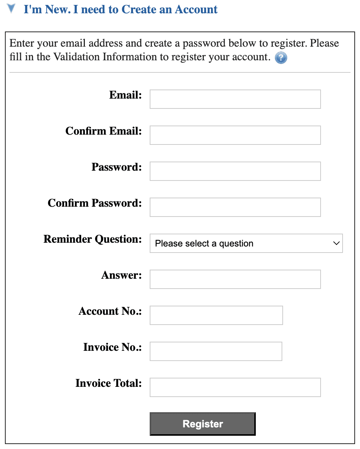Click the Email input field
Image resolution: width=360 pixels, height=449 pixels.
(x=235, y=99)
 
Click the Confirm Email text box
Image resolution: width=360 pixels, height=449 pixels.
(x=235, y=135)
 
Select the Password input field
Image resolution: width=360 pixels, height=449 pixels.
(x=235, y=171)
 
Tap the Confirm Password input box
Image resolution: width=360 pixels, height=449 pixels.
(x=235, y=207)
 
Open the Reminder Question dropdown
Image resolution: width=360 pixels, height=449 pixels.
(x=246, y=243)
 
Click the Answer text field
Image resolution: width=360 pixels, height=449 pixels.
(x=235, y=279)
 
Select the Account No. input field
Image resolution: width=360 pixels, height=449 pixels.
(x=216, y=315)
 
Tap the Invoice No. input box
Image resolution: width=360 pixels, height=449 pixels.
(x=216, y=351)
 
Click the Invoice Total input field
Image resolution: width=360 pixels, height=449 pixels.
(x=235, y=387)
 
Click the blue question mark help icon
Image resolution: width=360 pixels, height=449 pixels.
(x=281, y=58)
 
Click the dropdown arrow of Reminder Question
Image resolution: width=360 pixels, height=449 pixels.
(x=336, y=243)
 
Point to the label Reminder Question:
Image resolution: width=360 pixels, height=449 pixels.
(x=92, y=239)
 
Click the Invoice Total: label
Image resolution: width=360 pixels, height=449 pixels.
(x=108, y=383)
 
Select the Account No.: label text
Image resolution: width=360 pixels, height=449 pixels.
(x=110, y=311)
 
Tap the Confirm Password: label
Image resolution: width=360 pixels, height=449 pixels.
(x=94, y=203)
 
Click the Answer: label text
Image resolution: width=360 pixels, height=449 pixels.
(x=121, y=275)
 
